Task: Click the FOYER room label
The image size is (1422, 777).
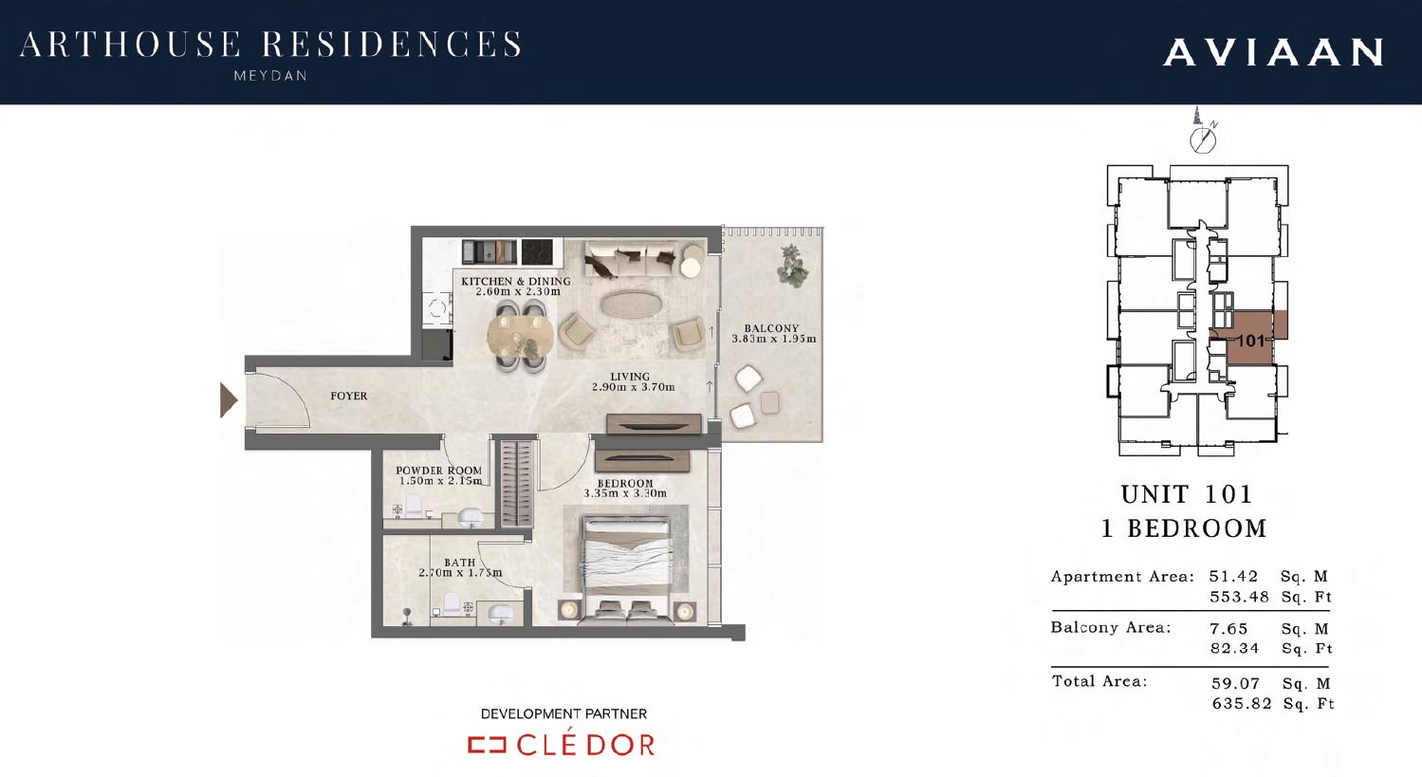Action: pyautogui.click(x=348, y=397)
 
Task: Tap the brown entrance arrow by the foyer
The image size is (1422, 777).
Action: pyautogui.click(x=229, y=400)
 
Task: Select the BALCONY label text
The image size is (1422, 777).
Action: pyautogui.click(x=771, y=328)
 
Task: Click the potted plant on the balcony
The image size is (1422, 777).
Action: pyautogui.click(x=792, y=266)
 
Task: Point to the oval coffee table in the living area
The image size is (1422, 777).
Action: pyautogui.click(x=632, y=305)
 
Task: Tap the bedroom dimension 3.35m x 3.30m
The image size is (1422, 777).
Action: pyautogui.click(x=625, y=493)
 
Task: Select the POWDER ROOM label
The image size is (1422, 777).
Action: pyautogui.click(x=438, y=471)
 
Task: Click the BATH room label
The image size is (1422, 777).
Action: pyautogui.click(x=459, y=563)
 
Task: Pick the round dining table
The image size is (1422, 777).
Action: pyautogui.click(x=521, y=335)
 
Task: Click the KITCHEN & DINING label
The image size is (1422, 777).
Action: pyautogui.click(x=515, y=281)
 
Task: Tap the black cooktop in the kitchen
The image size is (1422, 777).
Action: pyautogui.click(x=537, y=251)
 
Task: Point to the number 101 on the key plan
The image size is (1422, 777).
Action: pyautogui.click(x=1250, y=341)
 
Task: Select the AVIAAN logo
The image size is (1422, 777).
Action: pyautogui.click(x=1273, y=52)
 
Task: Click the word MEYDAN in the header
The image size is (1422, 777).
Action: pyautogui.click(x=270, y=76)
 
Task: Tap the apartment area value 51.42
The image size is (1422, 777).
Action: pyautogui.click(x=1233, y=577)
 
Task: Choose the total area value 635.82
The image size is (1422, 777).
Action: pyautogui.click(x=1242, y=703)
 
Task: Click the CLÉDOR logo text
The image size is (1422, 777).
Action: pyautogui.click(x=584, y=744)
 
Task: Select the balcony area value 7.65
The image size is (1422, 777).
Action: pyautogui.click(x=1228, y=628)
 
